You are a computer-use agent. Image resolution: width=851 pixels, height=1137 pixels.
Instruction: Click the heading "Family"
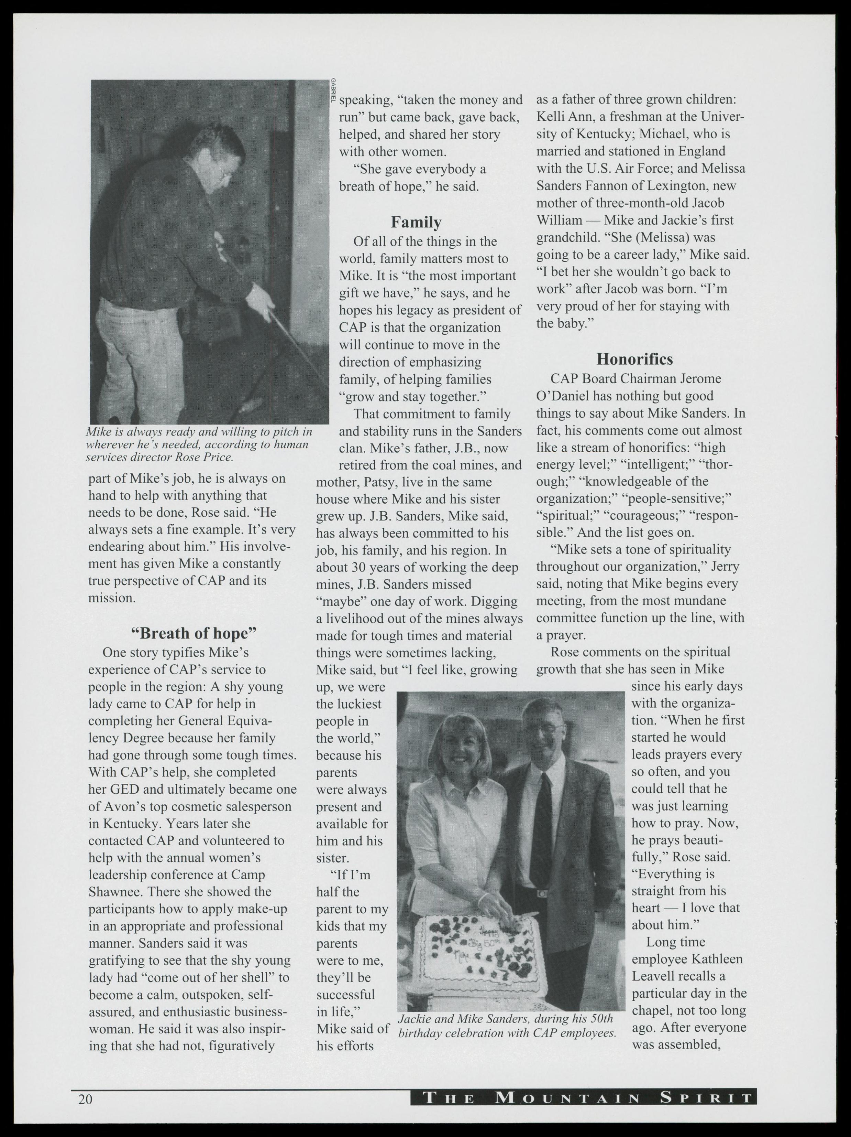tap(416, 222)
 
